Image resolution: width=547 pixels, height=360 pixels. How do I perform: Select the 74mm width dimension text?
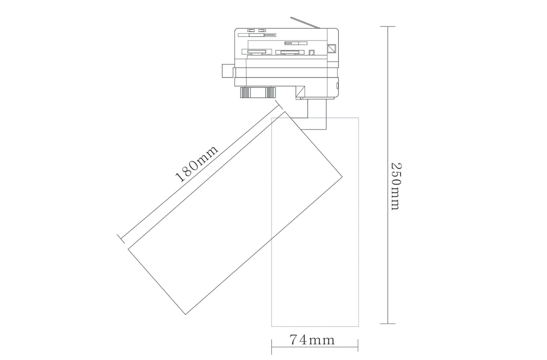[x=312, y=340]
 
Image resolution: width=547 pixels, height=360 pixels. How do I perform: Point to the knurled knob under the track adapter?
[x=258, y=93]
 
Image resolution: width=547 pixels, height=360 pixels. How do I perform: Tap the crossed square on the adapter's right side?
[x=331, y=47]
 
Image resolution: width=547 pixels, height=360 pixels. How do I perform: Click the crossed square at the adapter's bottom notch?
[x=300, y=93]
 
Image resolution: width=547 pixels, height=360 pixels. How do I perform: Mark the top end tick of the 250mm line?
[x=387, y=27]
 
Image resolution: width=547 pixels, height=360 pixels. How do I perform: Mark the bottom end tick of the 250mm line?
[x=387, y=324]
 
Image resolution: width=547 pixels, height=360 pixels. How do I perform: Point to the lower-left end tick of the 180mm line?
[x=121, y=238]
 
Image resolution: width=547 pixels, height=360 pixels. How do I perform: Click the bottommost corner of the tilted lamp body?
[x=186, y=314]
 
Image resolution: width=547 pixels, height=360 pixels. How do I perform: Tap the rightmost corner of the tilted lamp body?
[x=342, y=178]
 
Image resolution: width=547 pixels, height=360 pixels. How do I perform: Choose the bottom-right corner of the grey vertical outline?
[x=358, y=326]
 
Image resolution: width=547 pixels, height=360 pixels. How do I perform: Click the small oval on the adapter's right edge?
[x=337, y=85]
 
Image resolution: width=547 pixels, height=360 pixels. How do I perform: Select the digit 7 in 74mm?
[x=294, y=340]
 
